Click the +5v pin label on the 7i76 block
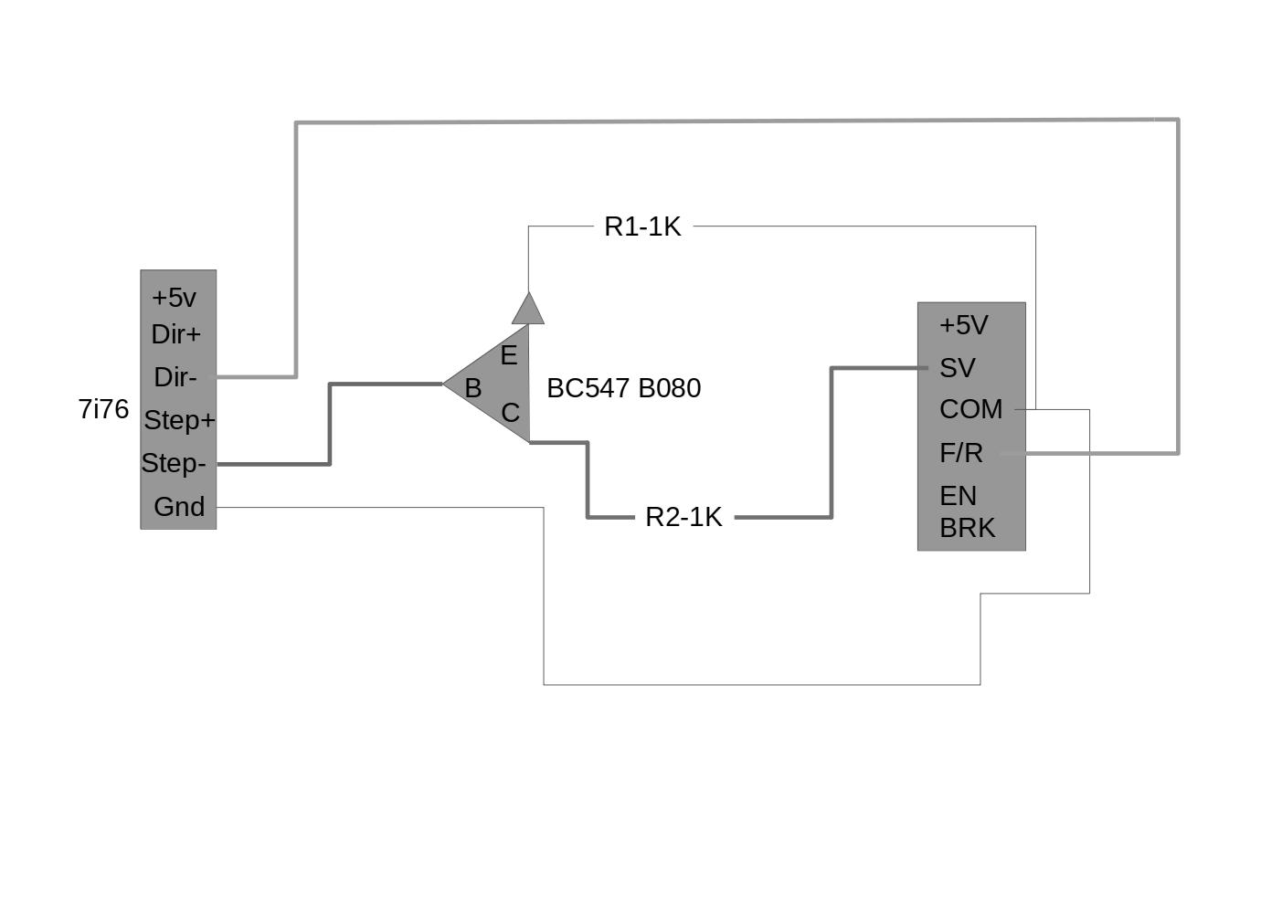(x=175, y=298)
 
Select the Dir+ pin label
(x=176, y=334)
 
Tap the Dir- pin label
(x=175, y=377)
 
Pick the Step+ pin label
(x=180, y=421)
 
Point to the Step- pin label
(x=174, y=463)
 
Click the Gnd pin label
(x=179, y=507)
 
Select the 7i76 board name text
(x=103, y=409)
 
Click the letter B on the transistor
(x=473, y=388)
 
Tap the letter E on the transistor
(x=509, y=356)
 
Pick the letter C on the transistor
(x=511, y=413)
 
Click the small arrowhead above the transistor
(x=527, y=309)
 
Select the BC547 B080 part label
(x=624, y=388)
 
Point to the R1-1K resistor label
(x=642, y=227)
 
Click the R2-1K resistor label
(x=683, y=518)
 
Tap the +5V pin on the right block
(x=964, y=325)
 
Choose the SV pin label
(x=958, y=368)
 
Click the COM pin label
(x=971, y=409)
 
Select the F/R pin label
(x=961, y=454)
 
